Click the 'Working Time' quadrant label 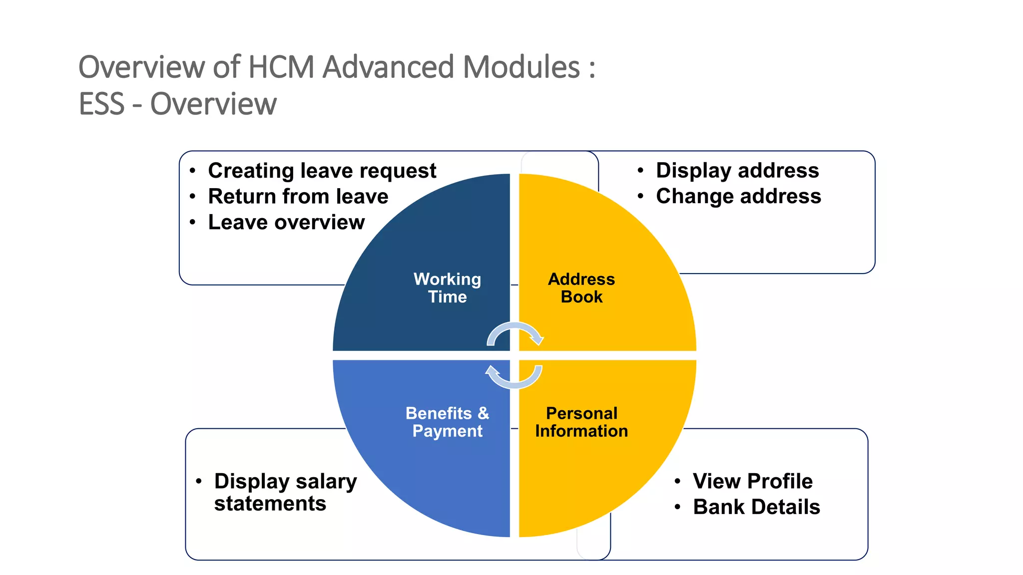click(447, 288)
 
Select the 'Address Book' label click(581, 288)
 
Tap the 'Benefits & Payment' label click(447, 422)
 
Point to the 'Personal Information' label click(581, 422)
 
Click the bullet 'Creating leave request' click(322, 171)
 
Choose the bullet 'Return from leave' click(298, 197)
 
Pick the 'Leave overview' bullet click(286, 223)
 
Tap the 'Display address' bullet click(737, 171)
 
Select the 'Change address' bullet click(738, 197)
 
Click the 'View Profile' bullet click(752, 482)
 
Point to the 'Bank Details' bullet click(756, 507)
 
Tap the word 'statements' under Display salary click(270, 504)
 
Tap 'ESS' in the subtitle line click(101, 104)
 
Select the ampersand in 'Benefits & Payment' click(483, 413)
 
